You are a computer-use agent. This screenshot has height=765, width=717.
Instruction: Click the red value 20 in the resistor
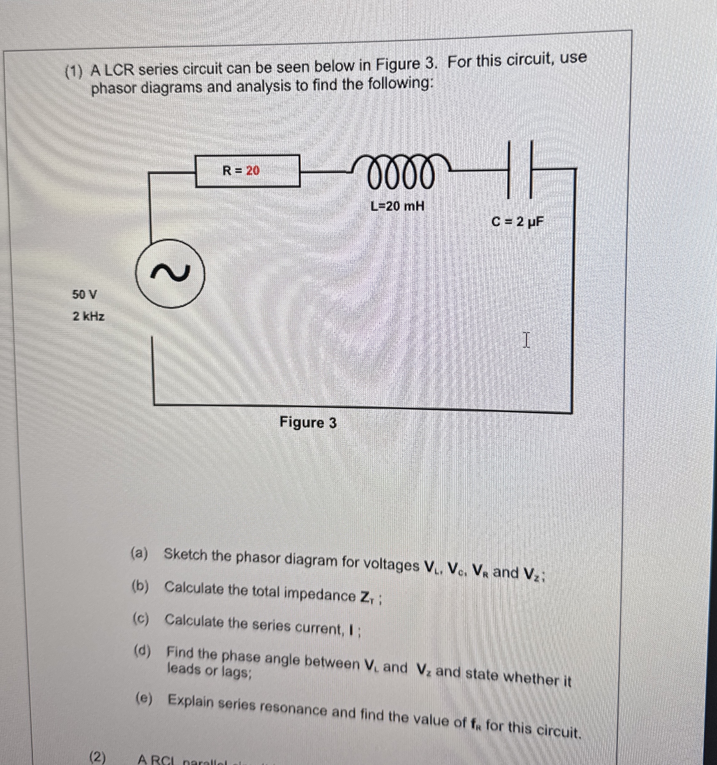point(253,171)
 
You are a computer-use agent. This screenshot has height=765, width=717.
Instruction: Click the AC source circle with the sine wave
point(169,273)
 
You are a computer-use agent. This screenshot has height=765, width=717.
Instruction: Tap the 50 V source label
point(85,295)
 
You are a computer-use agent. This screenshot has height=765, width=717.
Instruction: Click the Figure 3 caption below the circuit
point(308,423)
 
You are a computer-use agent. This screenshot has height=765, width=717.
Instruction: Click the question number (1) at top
point(74,72)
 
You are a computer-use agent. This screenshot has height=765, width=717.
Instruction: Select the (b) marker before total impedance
point(140,586)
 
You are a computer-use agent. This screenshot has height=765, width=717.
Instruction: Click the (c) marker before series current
point(141,619)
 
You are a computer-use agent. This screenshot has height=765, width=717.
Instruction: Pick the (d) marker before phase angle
point(142,651)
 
